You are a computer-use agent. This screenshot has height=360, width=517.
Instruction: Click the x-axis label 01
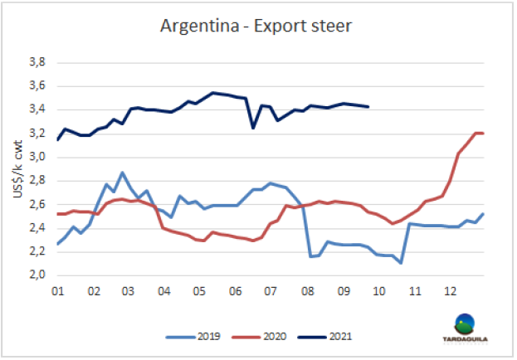(x=57, y=292)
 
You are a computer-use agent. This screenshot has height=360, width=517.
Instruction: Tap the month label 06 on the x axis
(x=235, y=292)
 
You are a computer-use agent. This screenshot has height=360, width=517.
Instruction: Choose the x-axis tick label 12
(x=449, y=292)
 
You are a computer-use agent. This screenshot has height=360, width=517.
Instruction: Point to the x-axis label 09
(x=342, y=292)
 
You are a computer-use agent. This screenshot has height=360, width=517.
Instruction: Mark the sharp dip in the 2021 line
(x=253, y=128)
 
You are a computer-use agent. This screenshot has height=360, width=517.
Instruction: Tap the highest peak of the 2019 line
(x=123, y=173)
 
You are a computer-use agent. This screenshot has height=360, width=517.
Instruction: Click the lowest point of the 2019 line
(x=400, y=263)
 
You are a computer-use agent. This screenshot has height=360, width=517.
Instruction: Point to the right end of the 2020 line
(x=484, y=133)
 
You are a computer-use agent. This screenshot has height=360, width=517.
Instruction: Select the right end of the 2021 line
(x=368, y=106)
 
